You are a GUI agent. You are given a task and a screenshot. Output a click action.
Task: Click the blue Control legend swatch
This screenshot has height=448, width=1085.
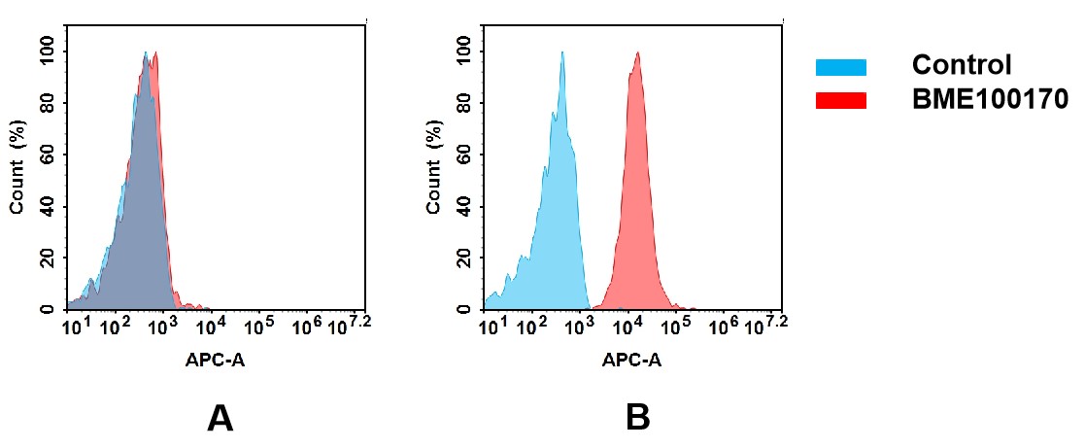(x=840, y=66)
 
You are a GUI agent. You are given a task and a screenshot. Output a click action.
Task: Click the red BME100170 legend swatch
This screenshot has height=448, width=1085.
(x=840, y=99)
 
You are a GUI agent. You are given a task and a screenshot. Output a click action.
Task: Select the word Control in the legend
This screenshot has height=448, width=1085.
(x=962, y=66)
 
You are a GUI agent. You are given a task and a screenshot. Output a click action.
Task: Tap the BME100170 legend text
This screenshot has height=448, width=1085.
(x=990, y=99)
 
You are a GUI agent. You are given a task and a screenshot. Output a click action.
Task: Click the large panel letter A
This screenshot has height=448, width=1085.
(x=220, y=417)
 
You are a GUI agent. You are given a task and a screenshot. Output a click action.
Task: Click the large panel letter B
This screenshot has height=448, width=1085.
(x=637, y=417)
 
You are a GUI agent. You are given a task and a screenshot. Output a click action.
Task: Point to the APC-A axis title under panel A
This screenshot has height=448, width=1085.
(x=215, y=360)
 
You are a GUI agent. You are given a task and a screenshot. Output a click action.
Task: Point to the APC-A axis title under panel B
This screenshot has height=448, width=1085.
(x=631, y=360)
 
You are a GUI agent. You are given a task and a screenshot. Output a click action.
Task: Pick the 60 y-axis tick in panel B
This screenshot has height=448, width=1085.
(x=462, y=155)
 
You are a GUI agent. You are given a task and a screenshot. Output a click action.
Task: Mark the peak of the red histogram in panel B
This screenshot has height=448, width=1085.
(x=637, y=53)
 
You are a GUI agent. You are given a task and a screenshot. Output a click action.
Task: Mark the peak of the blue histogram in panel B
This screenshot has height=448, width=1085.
(x=561, y=52)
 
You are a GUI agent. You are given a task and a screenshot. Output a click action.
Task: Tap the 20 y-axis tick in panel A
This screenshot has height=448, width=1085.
(x=46, y=258)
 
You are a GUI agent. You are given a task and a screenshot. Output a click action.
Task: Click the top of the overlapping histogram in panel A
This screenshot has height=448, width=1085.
(x=147, y=53)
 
